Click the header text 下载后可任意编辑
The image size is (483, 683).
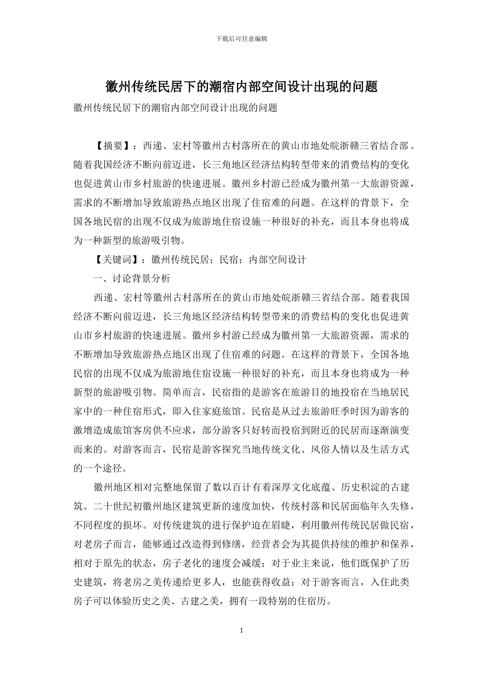(242, 39)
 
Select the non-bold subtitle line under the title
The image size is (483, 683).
(175, 108)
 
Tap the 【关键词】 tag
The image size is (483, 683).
(117, 260)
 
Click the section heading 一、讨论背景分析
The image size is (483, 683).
(132, 278)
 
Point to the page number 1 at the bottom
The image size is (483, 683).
(242, 631)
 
